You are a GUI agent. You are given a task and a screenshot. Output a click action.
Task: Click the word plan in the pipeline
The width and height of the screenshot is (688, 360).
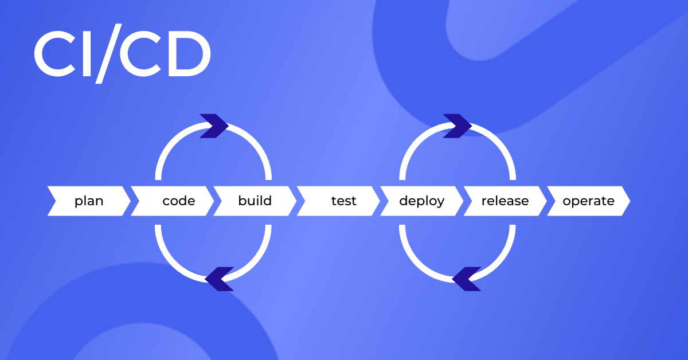(89, 201)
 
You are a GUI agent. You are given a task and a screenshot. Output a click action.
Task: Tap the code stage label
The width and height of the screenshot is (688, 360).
(179, 201)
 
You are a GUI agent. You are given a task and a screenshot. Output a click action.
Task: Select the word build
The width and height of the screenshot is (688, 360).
(255, 201)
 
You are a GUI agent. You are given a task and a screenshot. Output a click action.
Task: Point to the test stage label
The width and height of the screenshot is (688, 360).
(343, 201)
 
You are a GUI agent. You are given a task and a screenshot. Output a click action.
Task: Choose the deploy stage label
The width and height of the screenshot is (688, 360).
(421, 201)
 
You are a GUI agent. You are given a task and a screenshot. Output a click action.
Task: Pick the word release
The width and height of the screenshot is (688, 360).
(505, 201)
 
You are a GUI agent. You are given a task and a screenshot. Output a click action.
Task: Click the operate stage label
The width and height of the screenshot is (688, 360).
(588, 201)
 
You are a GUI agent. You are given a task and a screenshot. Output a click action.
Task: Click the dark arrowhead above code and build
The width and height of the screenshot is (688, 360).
(214, 126)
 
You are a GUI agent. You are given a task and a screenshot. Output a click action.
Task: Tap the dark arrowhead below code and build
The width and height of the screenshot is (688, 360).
(220, 279)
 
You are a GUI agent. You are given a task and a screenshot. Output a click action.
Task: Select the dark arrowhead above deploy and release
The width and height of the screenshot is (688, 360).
(458, 126)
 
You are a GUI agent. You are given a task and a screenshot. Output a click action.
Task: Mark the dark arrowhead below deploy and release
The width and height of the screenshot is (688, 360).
(466, 279)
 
